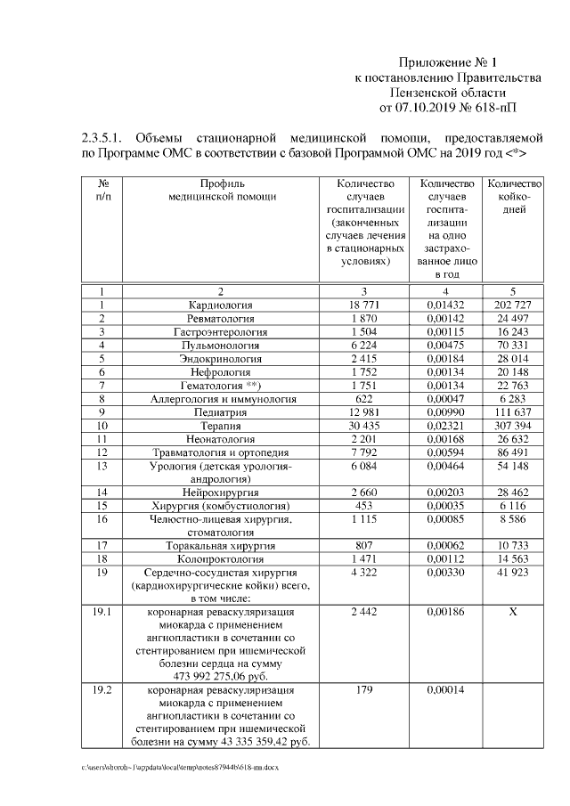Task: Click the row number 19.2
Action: point(102,690)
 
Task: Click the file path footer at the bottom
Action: point(179,768)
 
